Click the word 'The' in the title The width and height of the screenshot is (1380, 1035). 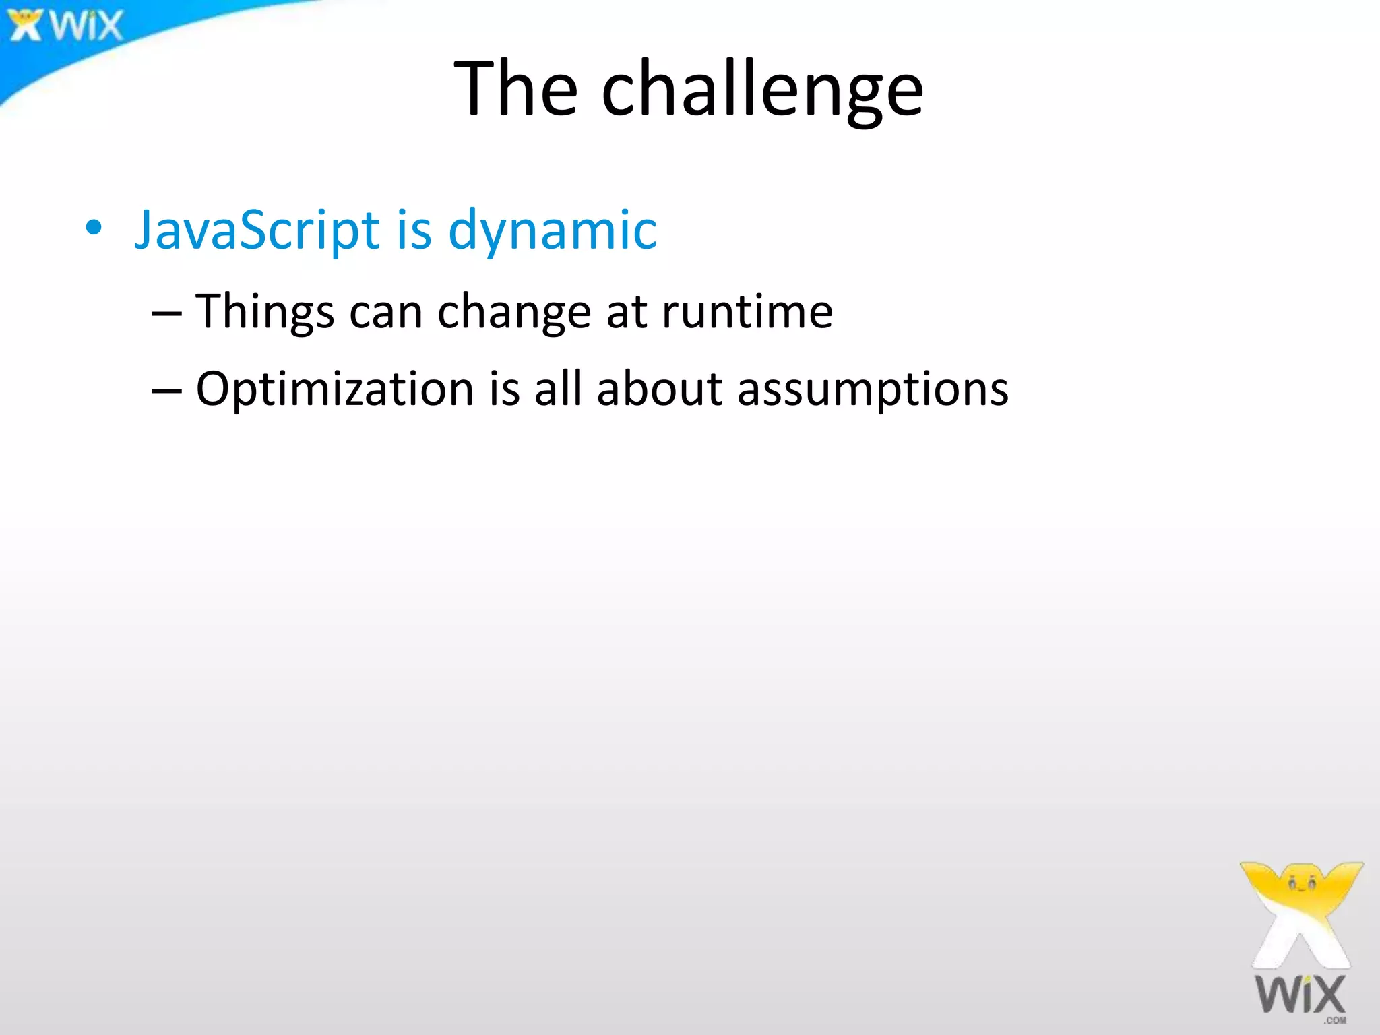click(515, 89)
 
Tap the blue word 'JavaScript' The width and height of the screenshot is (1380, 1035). click(257, 230)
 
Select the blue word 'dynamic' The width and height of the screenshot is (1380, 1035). click(553, 230)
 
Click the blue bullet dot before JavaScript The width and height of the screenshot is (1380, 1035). click(94, 228)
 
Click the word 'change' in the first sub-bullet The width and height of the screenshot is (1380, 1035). click(514, 312)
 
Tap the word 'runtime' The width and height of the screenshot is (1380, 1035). click(747, 312)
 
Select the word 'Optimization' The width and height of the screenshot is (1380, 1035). click(335, 389)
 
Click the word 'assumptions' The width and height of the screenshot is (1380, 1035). click(873, 389)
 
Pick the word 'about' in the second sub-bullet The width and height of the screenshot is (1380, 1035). click(660, 389)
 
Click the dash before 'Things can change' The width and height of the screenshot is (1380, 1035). click(166, 314)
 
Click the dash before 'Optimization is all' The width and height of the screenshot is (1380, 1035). click(166, 391)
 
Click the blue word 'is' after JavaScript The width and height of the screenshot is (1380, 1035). click(413, 230)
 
